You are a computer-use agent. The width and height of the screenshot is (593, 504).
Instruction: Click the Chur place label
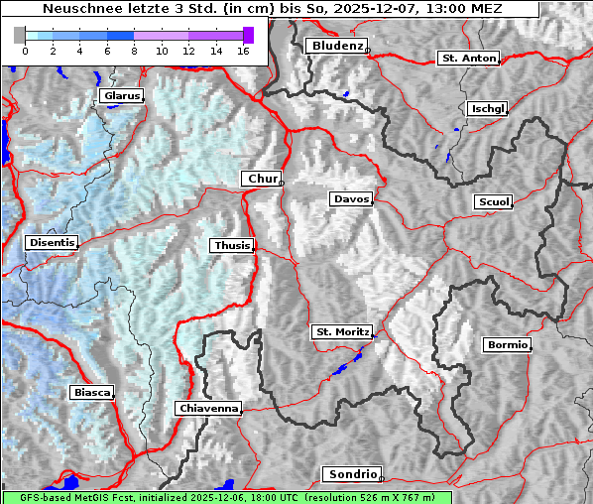pyautogui.click(x=262, y=179)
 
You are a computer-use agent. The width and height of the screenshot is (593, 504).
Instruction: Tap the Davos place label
pyautogui.click(x=351, y=199)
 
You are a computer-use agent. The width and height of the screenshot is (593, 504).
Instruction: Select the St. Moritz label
pyautogui.click(x=341, y=331)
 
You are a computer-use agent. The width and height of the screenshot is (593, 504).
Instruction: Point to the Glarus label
pyautogui.click(x=120, y=96)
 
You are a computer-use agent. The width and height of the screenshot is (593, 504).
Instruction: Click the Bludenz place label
pyautogui.click(x=335, y=46)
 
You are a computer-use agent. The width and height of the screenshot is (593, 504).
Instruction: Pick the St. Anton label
pyautogui.click(x=468, y=59)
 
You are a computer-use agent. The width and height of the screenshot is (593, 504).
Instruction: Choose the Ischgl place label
pyautogui.click(x=487, y=108)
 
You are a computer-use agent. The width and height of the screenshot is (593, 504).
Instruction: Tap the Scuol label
pyautogui.click(x=493, y=202)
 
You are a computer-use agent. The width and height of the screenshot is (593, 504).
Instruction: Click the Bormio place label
pyautogui.click(x=507, y=345)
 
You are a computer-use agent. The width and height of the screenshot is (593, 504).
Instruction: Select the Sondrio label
pyautogui.click(x=351, y=475)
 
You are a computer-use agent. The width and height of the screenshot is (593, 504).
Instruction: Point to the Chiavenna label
pyautogui.click(x=208, y=408)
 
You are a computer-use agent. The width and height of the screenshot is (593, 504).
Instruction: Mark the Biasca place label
pyautogui.click(x=91, y=393)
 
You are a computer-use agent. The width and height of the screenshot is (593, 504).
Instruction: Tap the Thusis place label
pyautogui.click(x=231, y=245)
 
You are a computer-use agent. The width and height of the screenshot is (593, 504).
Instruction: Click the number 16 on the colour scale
pyautogui.click(x=242, y=51)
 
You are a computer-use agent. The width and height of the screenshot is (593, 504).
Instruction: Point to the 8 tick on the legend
pyautogui.click(x=134, y=51)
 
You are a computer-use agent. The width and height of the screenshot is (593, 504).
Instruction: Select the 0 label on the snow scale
pyautogui.click(x=25, y=51)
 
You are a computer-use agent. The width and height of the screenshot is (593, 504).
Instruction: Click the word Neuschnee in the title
pyautogui.click(x=77, y=8)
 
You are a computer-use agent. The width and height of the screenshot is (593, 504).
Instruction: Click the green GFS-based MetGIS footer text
pyautogui.click(x=226, y=497)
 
